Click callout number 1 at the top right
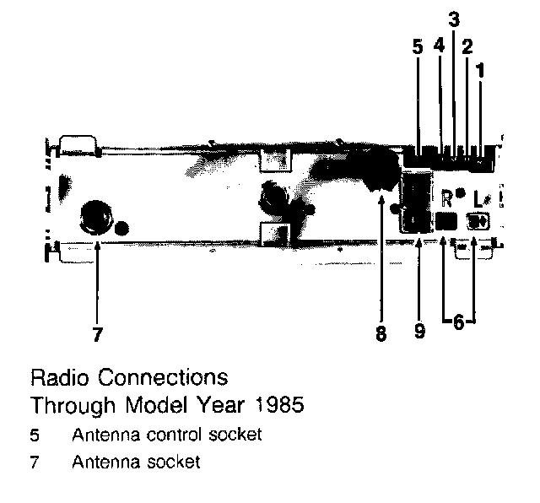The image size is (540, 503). (x=481, y=72)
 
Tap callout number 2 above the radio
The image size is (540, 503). (x=466, y=47)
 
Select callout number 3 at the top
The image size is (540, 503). (x=453, y=19)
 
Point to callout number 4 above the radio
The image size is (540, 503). (x=439, y=47)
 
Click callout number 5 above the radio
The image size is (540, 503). (x=418, y=47)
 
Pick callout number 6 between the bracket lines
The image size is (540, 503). (x=456, y=323)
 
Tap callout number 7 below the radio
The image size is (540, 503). (x=98, y=335)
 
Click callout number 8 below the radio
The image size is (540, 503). (x=381, y=334)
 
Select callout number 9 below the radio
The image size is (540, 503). (x=419, y=332)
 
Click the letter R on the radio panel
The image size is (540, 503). (x=447, y=199)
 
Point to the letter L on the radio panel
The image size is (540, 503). (x=478, y=200)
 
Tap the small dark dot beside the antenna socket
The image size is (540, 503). (x=123, y=227)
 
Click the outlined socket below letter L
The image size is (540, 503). (x=478, y=222)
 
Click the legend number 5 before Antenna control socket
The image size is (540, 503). (x=35, y=435)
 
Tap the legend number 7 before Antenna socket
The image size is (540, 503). (x=35, y=462)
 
